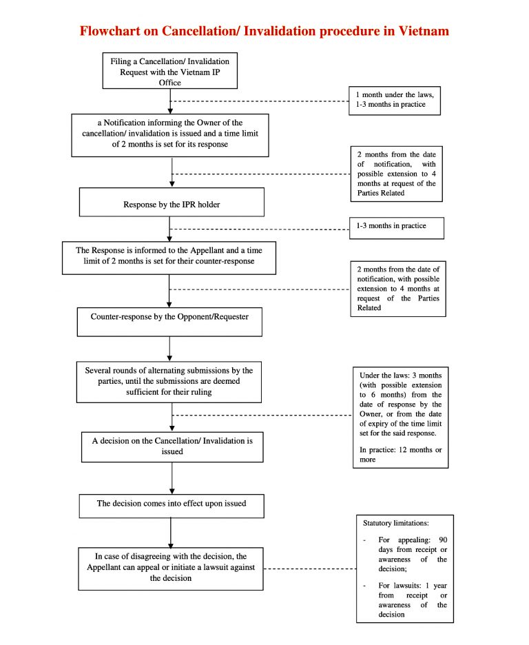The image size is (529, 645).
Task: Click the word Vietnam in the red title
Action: tap(421, 31)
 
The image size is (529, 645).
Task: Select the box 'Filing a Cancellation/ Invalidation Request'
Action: tap(170, 71)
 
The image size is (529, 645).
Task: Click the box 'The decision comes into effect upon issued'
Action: tap(171, 504)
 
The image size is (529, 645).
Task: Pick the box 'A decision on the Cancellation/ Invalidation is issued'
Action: tap(172, 446)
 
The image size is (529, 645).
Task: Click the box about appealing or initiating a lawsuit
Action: tap(171, 568)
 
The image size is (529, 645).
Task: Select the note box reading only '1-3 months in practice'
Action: tap(396, 227)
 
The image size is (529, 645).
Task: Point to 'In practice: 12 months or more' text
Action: tap(400, 454)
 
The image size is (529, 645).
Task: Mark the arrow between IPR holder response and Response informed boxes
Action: tap(170, 229)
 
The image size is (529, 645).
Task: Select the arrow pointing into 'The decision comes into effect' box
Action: tap(172, 478)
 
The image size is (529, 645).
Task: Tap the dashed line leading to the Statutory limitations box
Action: tap(309, 569)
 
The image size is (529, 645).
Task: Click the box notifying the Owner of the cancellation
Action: tap(170, 134)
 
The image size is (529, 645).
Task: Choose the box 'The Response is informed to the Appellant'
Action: tap(169, 257)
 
